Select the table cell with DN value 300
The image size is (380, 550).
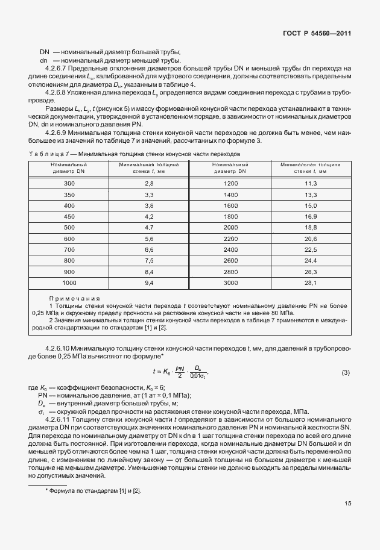(x=69, y=183)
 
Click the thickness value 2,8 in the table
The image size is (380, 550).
(x=150, y=183)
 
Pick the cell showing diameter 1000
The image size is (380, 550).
(x=69, y=283)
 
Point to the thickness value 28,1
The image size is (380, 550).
(x=311, y=283)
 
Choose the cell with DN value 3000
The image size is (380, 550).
(x=231, y=283)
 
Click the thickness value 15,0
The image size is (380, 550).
(x=311, y=205)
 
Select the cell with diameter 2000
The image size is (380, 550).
(x=231, y=227)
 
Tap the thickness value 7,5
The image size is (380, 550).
(x=150, y=260)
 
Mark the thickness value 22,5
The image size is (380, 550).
(x=311, y=249)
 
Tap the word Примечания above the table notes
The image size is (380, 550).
(x=74, y=299)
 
